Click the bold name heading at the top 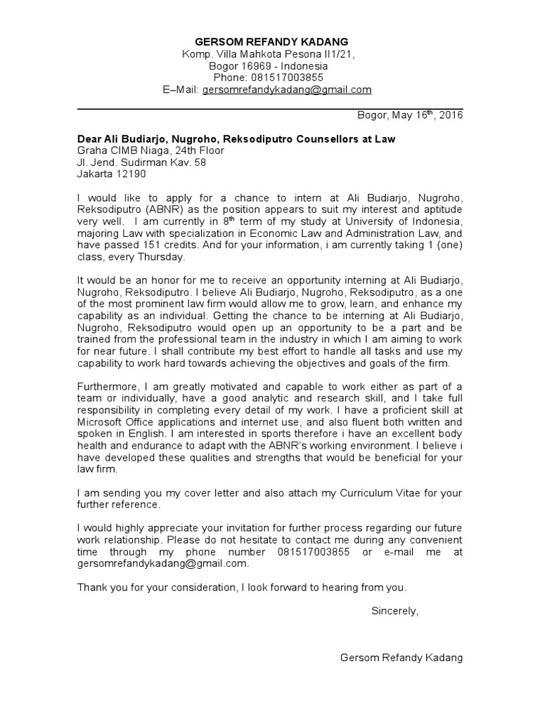[x=271, y=41]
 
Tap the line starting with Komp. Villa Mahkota [x=271, y=54]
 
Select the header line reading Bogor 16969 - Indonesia [x=271, y=66]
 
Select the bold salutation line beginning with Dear [x=236, y=139]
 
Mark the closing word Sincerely [x=394, y=611]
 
